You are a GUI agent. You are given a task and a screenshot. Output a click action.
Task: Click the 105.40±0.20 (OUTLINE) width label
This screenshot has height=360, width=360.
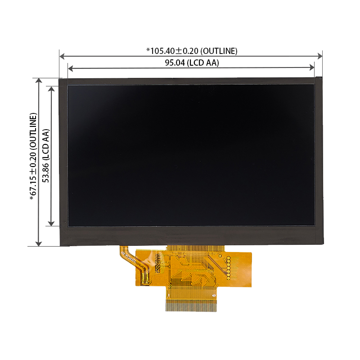coord(192,50)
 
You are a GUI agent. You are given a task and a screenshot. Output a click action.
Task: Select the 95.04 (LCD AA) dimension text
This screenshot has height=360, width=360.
coord(192,63)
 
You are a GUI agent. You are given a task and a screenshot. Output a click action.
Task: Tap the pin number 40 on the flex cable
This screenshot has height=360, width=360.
coord(213,295)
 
